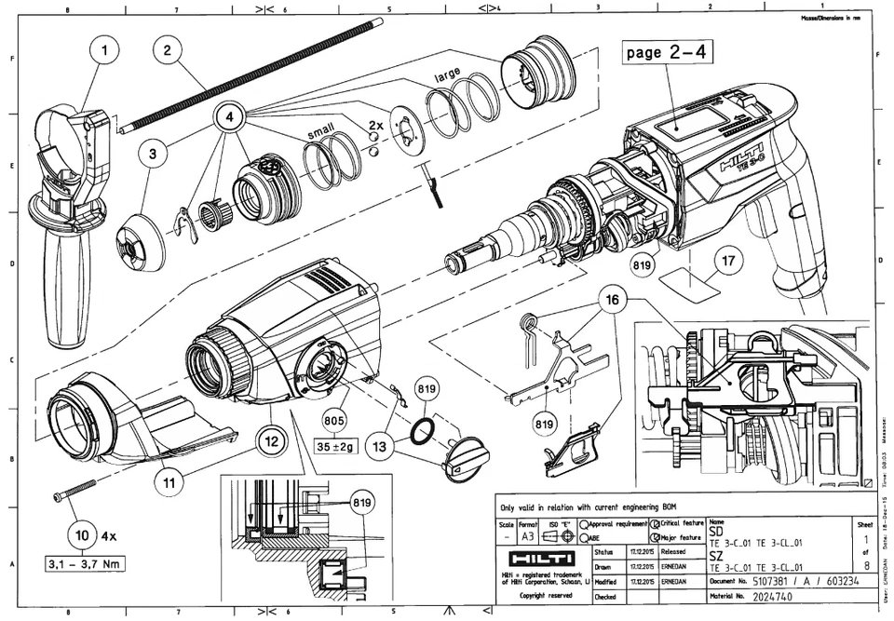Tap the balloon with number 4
232,118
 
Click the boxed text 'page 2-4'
669,52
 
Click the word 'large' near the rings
448,74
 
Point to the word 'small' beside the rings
323,135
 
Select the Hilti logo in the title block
532,559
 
